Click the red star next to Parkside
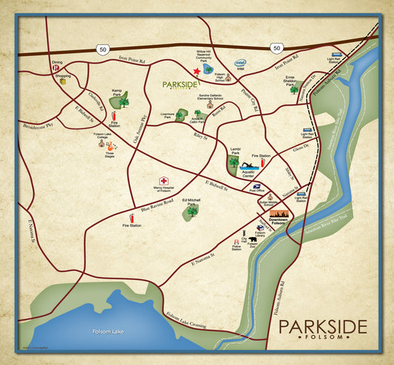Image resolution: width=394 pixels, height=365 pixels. pos(196,71)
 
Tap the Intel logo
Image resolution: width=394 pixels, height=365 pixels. pos(240,64)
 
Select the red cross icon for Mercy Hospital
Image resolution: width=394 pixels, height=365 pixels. pos(163,180)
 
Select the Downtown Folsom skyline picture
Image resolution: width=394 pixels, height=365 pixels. pos(279,215)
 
